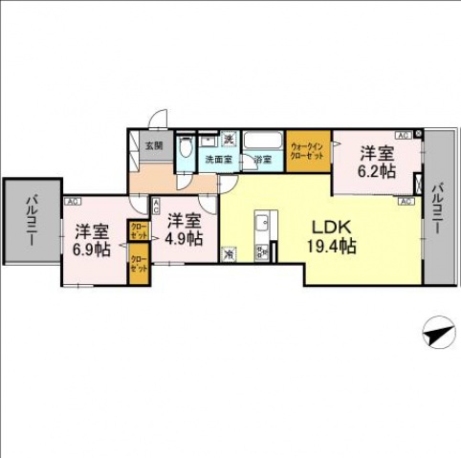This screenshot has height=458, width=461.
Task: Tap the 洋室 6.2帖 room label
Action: pos(376,162)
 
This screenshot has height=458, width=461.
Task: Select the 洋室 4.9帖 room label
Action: pos(182,229)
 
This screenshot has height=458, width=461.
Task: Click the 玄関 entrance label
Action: pos(154,145)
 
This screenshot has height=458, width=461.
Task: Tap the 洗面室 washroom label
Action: pos(217,160)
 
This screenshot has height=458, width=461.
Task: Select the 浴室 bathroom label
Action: pos(262,160)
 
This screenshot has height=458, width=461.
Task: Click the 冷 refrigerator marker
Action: pos(229,254)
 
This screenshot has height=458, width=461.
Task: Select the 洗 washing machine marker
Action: pos(229,140)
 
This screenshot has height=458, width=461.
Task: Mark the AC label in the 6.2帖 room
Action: pos(404,136)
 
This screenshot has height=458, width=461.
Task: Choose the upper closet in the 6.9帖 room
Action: pos(140,232)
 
